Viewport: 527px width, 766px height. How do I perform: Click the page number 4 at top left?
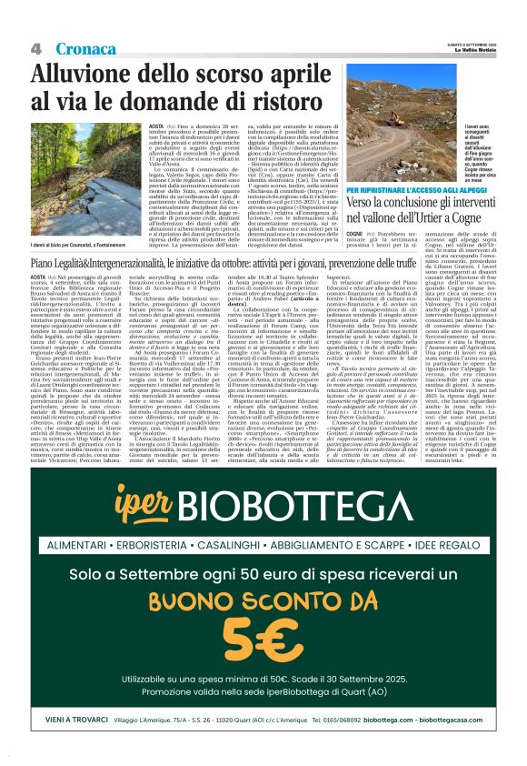coord(37,48)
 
